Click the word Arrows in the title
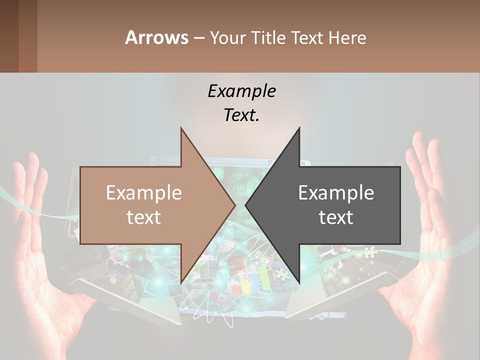click(x=156, y=37)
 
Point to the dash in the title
click(x=199, y=38)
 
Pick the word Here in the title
click(x=348, y=37)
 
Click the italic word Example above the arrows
click(x=242, y=91)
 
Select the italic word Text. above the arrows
click(x=242, y=115)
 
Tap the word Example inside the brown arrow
click(x=144, y=193)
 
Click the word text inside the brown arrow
click(x=144, y=217)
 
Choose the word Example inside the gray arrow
click(x=336, y=193)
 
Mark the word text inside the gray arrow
click(x=336, y=217)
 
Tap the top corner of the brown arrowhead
click(x=181, y=128)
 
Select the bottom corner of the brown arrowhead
click(x=181, y=282)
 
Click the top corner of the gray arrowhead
click(x=299, y=128)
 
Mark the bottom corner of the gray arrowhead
click(x=299, y=282)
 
